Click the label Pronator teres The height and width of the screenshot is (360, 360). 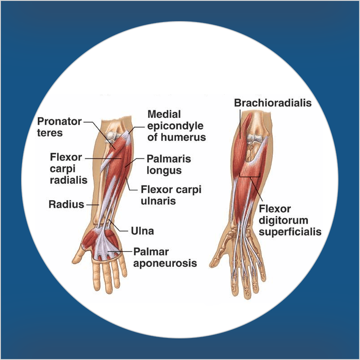tap(59, 127)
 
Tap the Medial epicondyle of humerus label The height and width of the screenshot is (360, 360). tap(176, 126)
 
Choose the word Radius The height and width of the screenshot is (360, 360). tap(66, 205)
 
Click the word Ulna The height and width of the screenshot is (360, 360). tap(142, 231)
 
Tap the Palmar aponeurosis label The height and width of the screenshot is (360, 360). tap(165, 257)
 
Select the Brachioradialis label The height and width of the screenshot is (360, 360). tap(273, 103)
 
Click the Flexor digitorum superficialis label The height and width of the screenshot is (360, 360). tap(290, 220)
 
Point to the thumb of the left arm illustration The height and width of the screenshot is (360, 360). tap(80, 258)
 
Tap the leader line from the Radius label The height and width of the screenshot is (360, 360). tap(92, 205)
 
